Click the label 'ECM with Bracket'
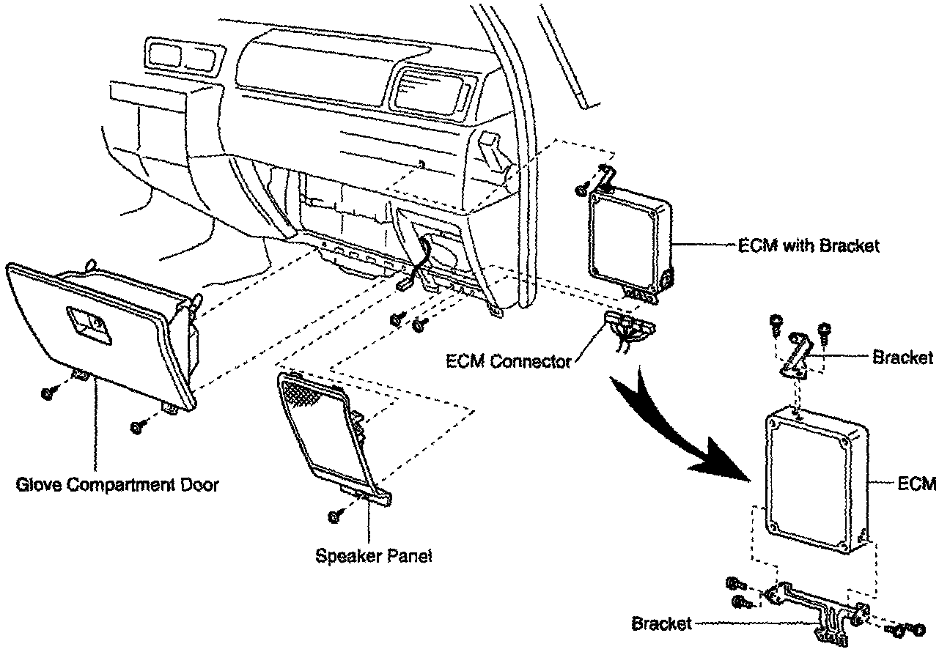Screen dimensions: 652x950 point(807,246)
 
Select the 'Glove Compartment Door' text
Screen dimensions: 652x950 point(117,484)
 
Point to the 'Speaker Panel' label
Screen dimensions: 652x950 point(374,555)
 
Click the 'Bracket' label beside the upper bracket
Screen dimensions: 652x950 point(903,358)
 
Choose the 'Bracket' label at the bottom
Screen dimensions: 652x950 point(661,624)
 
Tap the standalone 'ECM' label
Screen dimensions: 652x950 point(916,484)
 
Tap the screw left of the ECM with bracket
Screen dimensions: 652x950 point(581,190)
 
